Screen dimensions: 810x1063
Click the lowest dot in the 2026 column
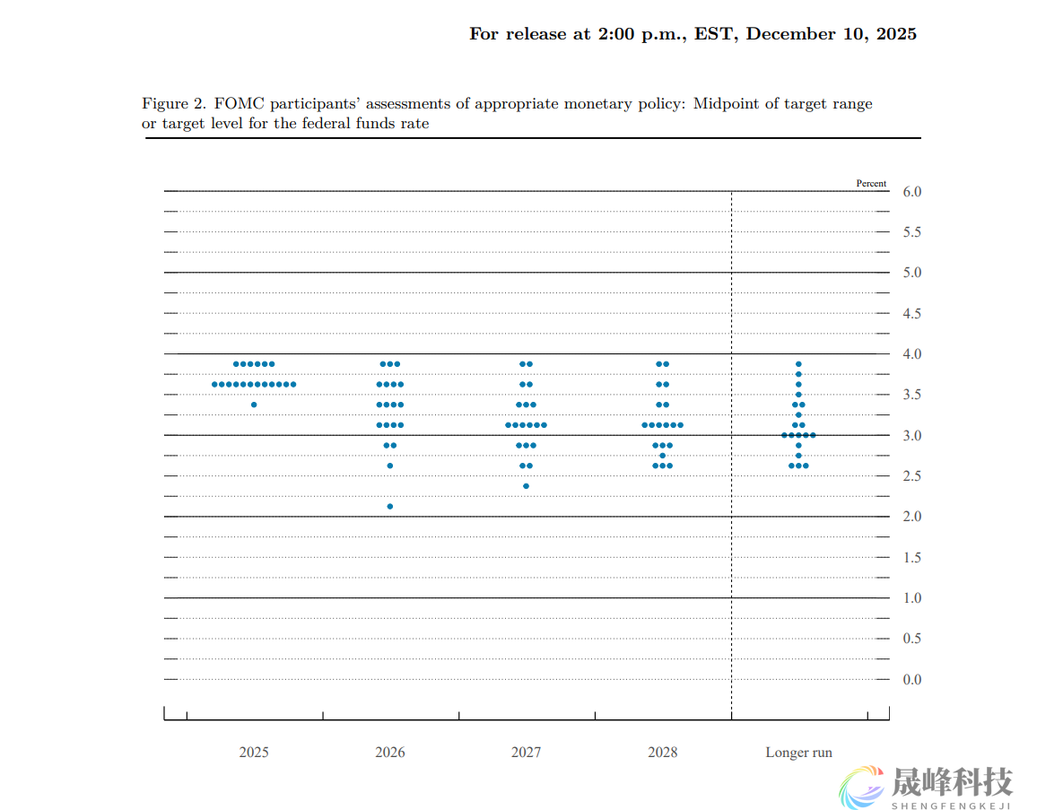point(390,507)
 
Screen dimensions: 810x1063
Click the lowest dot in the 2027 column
point(527,486)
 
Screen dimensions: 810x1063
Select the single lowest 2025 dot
point(254,405)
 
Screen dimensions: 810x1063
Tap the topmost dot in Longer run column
point(798,364)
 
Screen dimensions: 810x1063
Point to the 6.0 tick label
point(911,192)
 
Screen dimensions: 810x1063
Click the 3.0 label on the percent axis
point(911,436)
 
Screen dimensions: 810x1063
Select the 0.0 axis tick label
point(911,680)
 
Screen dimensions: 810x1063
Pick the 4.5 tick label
point(911,314)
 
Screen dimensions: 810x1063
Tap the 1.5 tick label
point(911,558)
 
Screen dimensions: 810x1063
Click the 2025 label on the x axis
point(254,753)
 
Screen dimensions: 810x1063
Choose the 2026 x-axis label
point(390,753)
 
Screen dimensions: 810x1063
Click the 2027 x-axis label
point(527,753)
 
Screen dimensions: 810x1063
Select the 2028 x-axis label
point(663,753)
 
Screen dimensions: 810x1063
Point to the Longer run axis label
point(798,753)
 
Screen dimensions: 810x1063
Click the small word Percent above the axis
point(871,183)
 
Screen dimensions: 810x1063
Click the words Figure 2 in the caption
point(174,104)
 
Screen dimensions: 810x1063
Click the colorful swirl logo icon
point(862,787)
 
